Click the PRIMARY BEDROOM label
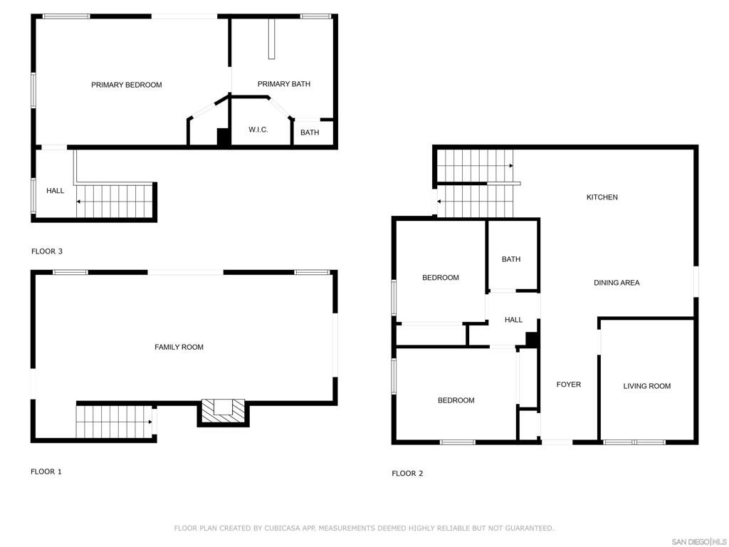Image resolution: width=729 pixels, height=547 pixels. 126,85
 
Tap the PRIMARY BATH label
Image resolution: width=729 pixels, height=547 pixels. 283,84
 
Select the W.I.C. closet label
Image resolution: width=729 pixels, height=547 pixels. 258,130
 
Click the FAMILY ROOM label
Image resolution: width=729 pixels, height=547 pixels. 179,347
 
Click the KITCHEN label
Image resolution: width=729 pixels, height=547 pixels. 602,197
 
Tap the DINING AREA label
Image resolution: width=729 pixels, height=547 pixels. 616,283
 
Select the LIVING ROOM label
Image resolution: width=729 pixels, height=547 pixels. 646,386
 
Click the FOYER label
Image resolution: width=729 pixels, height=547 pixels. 568,385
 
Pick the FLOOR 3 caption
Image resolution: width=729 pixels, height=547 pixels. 47,251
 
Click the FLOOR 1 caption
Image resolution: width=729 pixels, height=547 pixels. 46,472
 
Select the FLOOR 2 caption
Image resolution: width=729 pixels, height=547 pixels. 407,474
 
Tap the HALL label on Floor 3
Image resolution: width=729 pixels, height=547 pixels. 55,191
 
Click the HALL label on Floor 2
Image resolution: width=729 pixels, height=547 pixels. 513,321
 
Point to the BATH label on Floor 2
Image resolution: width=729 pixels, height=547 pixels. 510,259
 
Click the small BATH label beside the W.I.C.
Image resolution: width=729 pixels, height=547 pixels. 310,132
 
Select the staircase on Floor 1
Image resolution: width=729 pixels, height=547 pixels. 114,421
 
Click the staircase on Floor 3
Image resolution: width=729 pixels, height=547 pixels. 114,201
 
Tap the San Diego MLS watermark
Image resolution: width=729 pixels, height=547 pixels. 698,541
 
